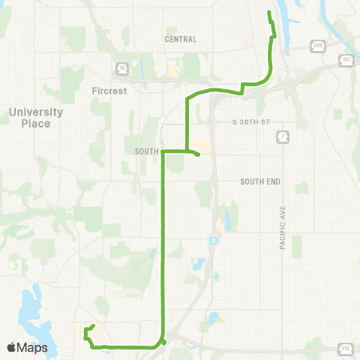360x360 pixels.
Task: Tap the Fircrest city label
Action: coord(109,91)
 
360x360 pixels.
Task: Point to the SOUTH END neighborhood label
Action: coord(259,181)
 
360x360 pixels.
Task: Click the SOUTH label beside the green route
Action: coord(146,151)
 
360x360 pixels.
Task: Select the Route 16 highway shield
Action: coord(121,68)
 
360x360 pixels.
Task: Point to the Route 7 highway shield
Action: coord(281,136)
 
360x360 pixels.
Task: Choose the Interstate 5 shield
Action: coord(213,238)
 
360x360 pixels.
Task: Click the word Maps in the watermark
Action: coord(34,348)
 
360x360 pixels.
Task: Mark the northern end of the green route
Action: coord(269,13)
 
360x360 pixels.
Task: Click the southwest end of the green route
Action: coord(91,326)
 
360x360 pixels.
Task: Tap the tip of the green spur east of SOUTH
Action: coord(197,155)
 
